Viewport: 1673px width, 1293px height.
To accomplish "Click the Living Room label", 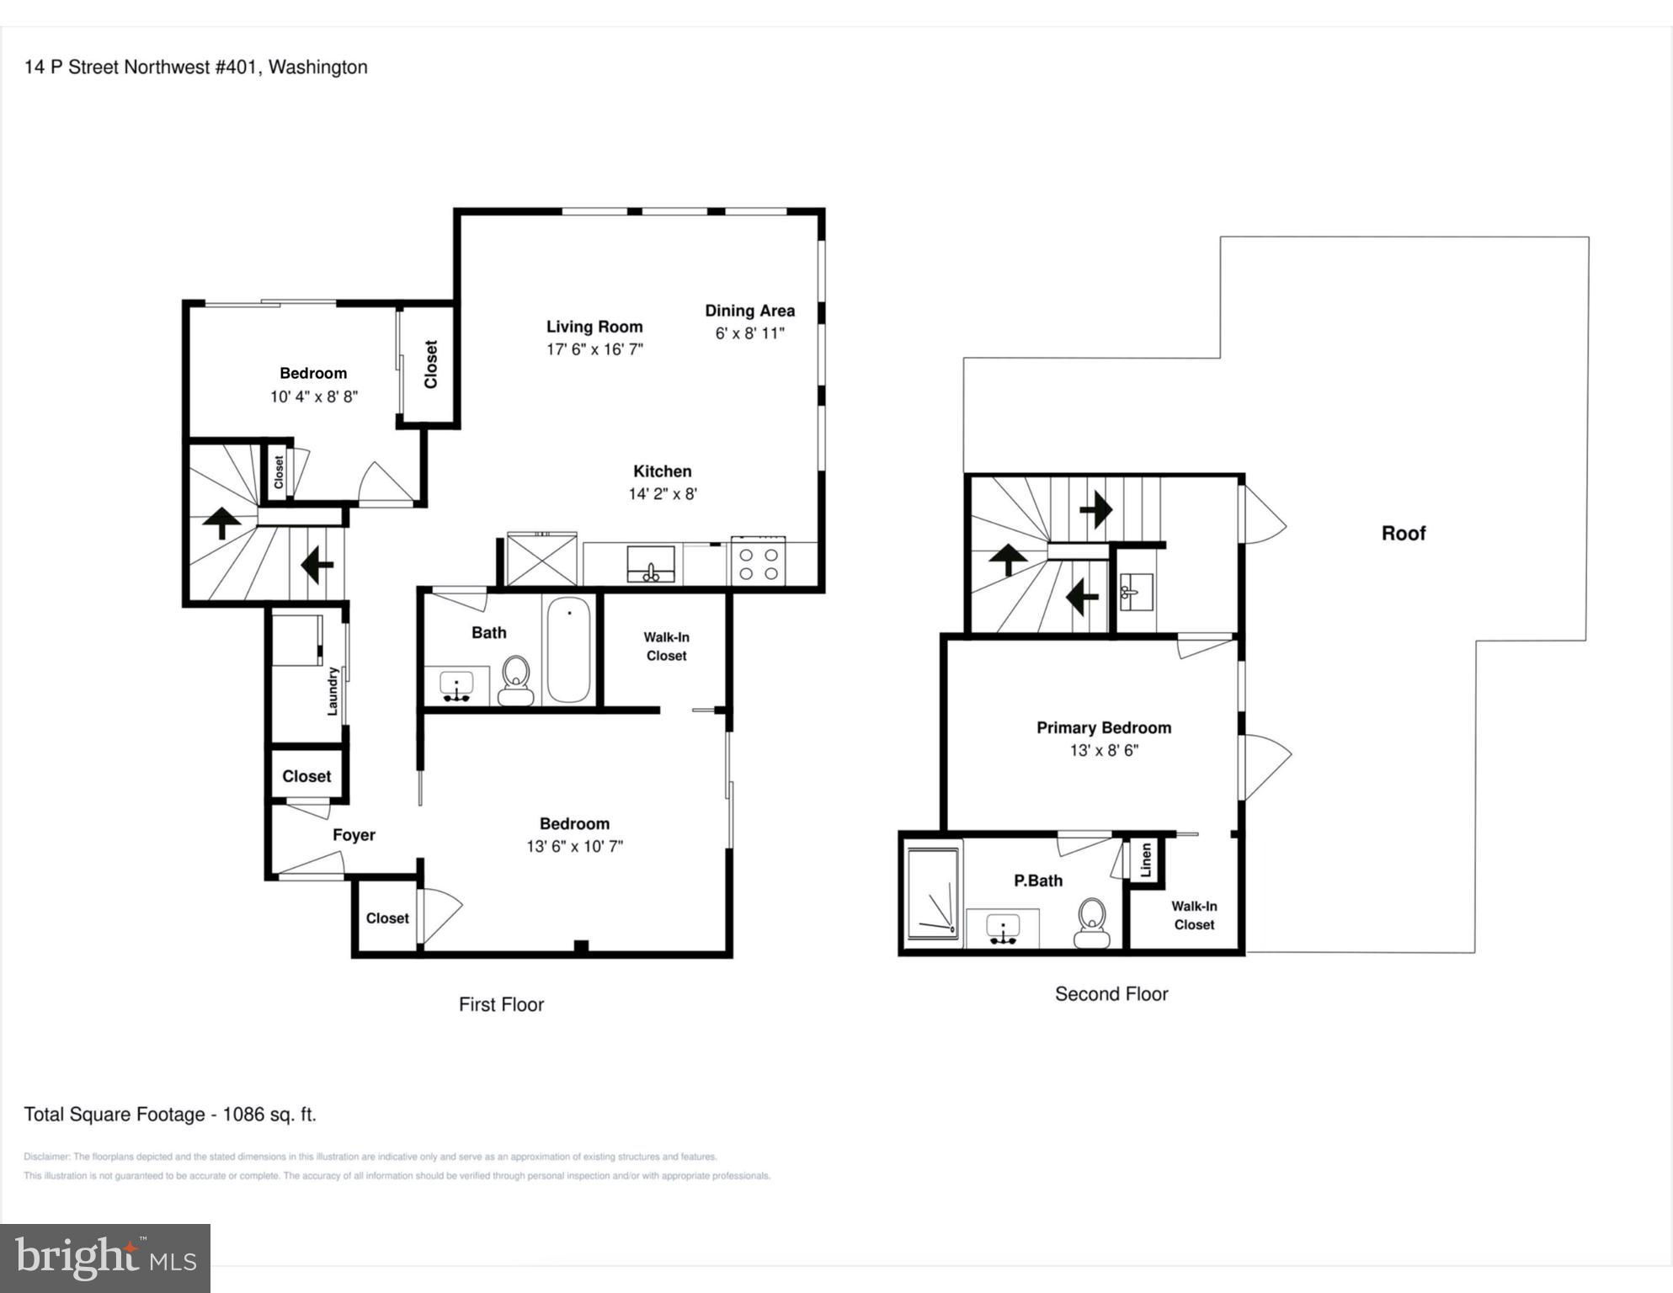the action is point(594,327).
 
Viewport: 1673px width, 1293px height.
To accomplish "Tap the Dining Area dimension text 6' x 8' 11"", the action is point(749,333).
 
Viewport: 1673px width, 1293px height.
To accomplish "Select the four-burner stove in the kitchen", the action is point(758,561).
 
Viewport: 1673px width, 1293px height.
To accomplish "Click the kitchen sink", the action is point(651,564).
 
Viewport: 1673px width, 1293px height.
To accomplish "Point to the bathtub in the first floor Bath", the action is point(568,649).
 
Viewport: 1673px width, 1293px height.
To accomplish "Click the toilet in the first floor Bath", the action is point(515,680).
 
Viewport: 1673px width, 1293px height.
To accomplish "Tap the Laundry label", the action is point(333,691).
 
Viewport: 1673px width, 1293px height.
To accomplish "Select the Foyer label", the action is point(354,835).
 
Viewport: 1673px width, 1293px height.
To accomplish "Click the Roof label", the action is point(1404,533).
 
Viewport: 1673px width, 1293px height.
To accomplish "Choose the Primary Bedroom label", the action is point(1104,728).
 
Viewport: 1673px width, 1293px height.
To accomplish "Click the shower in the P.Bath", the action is point(933,893).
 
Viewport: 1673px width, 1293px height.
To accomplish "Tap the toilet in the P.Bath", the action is point(1092,923).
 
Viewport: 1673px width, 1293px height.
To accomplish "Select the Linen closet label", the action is point(1146,860).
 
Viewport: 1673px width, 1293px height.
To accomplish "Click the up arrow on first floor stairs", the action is point(221,522).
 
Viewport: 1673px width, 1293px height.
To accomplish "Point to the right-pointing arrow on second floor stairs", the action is point(1095,509).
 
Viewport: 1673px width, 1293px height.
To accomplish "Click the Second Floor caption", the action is point(1111,994).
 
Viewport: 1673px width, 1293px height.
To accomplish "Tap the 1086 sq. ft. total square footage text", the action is point(269,1115).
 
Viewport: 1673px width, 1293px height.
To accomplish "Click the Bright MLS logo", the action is point(105,1258).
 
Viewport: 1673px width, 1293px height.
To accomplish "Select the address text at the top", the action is point(196,67).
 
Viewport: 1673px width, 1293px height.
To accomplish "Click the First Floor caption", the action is point(501,1004).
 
